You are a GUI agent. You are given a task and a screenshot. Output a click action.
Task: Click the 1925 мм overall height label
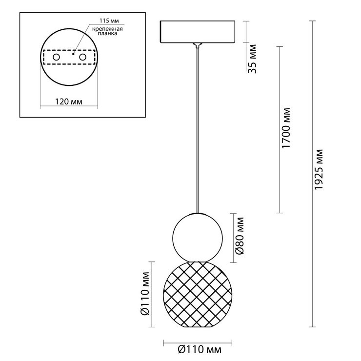pos(319,170)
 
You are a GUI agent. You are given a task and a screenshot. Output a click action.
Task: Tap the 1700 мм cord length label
pos(286,128)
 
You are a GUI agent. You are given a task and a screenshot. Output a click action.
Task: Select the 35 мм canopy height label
pos(252,59)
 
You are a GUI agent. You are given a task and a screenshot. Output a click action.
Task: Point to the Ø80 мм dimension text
pos(240,236)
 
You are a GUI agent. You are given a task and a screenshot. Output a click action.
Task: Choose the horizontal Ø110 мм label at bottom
pos(200,349)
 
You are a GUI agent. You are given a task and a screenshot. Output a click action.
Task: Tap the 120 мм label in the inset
pos(69,101)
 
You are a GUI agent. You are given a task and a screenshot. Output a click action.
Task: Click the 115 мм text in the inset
pos(109,20)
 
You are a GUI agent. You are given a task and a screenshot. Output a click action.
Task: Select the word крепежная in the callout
pos(107,29)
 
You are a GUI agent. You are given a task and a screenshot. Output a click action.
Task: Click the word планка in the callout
pos(107,33)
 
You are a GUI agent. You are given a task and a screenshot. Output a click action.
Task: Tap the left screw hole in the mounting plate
pos(56,57)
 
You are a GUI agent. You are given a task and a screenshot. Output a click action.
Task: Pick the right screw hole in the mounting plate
pos(82,57)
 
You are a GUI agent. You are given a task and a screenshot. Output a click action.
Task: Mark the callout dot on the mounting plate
pos(73,54)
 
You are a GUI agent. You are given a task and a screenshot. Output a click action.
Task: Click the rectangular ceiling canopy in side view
pos(198,32)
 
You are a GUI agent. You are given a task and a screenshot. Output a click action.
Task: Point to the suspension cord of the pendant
pos(197,130)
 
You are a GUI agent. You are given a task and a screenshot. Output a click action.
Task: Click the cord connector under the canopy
pos(197,45)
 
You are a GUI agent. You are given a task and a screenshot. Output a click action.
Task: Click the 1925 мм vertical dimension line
pos(312,174)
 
